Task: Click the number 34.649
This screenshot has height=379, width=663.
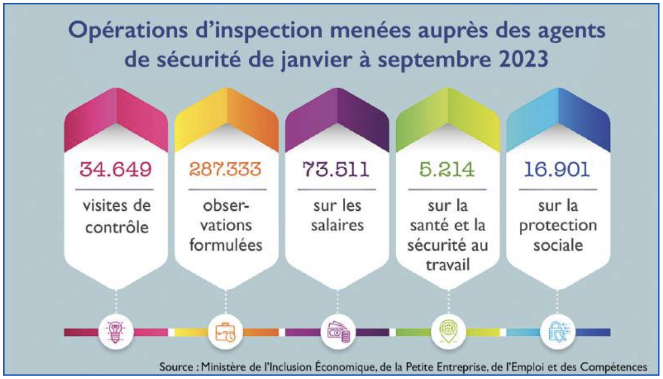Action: [x=116, y=170]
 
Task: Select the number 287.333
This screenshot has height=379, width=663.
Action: [x=226, y=170]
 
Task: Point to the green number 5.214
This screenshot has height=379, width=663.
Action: [x=446, y=170]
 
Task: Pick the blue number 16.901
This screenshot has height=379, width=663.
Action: [x=557, y=170]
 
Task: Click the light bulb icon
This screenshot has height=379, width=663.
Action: [x=116, y=332]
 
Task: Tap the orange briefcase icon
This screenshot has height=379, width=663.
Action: [x=226, y=332]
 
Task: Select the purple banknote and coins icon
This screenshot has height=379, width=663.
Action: [x=337, y=332]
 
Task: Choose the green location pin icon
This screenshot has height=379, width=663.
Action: [x=446, y=332]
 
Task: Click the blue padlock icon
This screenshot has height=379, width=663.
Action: [x=557, y=332]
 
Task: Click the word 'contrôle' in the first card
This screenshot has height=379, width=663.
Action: [x=116, y=226]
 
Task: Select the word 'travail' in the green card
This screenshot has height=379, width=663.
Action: [x=446, y=265]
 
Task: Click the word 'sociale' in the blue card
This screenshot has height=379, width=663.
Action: [x=557, y=245]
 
